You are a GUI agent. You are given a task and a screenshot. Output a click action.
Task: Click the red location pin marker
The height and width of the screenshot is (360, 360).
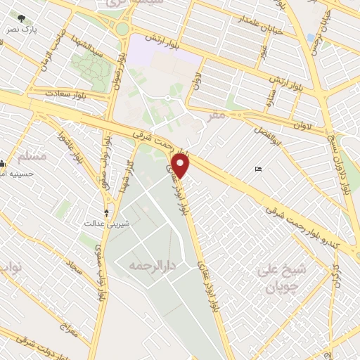coord(182,166)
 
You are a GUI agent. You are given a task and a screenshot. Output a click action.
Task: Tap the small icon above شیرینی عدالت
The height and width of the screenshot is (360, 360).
coord(107,212)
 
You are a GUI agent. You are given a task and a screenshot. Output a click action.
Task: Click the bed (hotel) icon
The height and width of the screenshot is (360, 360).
coord(258,169)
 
